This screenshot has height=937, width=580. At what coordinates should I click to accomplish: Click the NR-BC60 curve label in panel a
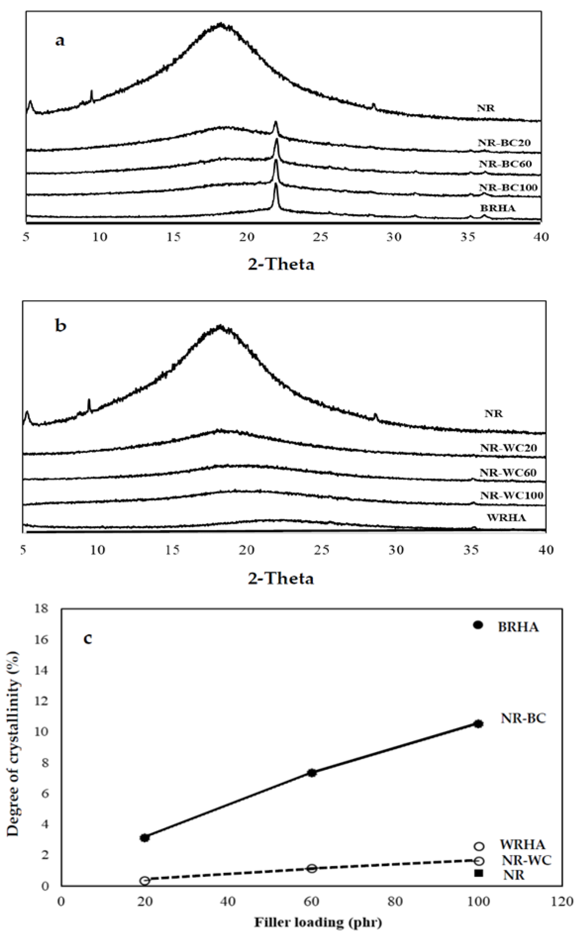[505, 164]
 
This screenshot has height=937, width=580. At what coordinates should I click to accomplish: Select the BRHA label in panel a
[498, 208]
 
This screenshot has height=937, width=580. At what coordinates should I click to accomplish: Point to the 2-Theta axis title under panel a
[281, 264]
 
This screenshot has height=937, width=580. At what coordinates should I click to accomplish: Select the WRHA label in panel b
[506, 518]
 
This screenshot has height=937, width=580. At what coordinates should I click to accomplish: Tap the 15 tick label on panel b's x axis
[173, 550]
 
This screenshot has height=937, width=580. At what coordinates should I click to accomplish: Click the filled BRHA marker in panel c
[478, 625]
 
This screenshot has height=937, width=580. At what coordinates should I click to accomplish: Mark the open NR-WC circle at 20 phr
[145, 881]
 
